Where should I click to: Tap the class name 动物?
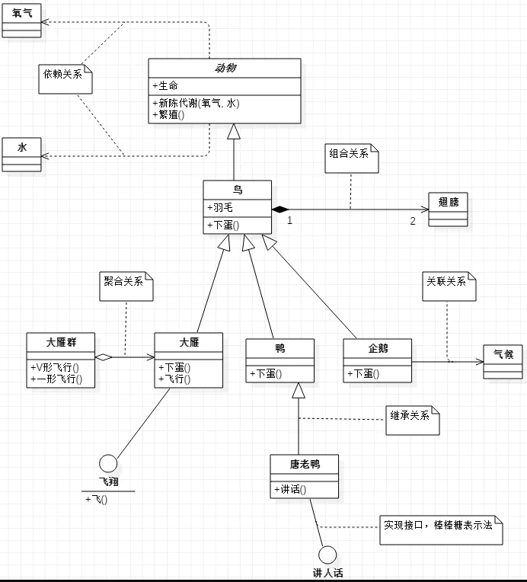coord(225,68)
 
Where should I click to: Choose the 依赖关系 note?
coord(65,78)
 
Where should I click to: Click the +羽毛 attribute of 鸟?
coord(219,207)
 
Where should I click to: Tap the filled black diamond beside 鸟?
coord(281,209)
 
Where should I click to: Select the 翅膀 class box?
coord(448,209)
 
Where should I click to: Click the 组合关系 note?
coord(350,158)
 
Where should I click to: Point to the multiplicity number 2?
coord(413,221)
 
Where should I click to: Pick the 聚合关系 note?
coord(126,286)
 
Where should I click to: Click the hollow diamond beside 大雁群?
coord(103,357)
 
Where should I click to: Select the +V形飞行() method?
coord(56,367)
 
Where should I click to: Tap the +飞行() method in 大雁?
coord(174,378)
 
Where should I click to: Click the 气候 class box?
coord(503,361)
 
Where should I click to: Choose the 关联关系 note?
coord(449,285)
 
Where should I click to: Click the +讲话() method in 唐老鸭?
coord(290,489)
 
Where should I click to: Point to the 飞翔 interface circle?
coord(108,462)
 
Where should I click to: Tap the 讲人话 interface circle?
coord(327,555)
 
